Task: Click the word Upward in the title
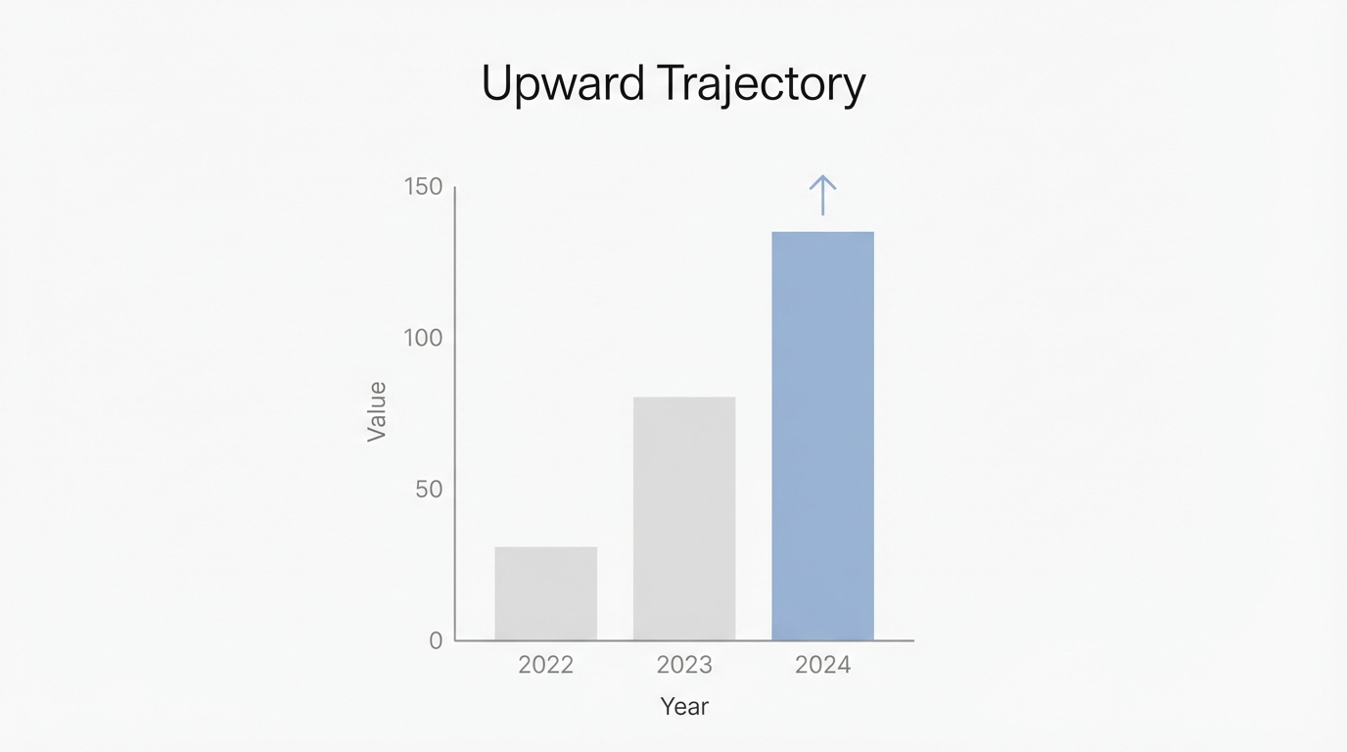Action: [563, 84]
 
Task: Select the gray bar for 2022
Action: [545, 593]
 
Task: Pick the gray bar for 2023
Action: [684, 519]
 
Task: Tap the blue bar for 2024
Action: [822, 436]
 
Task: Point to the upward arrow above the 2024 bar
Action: [822, 196]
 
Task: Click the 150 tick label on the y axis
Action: [423, 187]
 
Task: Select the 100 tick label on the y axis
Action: [423, 338]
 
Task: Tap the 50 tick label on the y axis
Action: [429, 490]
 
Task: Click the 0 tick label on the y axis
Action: [436, 640]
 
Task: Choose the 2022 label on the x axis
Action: [545, 665]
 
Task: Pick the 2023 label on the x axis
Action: [684, 665]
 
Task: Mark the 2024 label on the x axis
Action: [822, 665]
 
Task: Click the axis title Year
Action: [684, 706]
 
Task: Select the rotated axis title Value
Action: [377, 411]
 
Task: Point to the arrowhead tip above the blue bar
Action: [822, 177]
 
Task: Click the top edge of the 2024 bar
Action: [822, 233]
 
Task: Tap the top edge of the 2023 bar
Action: [684, 398]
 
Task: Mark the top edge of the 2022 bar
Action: [545, 547]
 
